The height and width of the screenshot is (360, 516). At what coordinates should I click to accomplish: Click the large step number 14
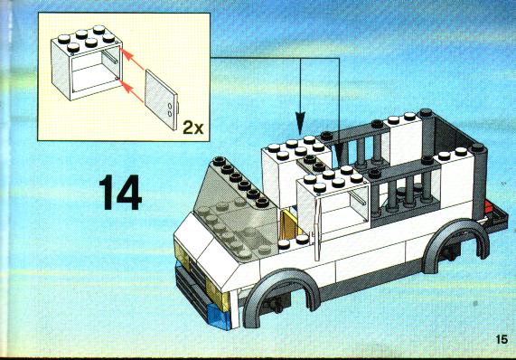(x=120, y=193)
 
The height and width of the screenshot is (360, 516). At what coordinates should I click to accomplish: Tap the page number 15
(x=502, y=339)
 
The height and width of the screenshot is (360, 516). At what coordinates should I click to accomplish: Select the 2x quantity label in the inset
(x=193, y=128)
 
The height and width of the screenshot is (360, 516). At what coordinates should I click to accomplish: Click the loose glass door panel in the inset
(x=161, y=99)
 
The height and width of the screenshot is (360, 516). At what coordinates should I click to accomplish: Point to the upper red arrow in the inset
(x=132, y=59)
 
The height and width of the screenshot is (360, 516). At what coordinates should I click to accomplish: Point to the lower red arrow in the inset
(x=132, y=90)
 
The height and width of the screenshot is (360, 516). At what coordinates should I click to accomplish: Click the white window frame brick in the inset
(x=87, y=62)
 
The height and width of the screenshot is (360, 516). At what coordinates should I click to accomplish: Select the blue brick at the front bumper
(x=219, y=317)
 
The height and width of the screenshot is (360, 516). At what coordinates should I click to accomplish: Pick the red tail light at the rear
(x=488, y=208)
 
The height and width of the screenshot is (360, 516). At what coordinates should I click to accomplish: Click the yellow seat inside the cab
(x=289, y=224)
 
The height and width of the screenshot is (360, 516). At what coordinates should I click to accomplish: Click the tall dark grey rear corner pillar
(x=478, y=182)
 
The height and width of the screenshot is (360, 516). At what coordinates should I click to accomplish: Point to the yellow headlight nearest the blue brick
(x=217, y=296)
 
